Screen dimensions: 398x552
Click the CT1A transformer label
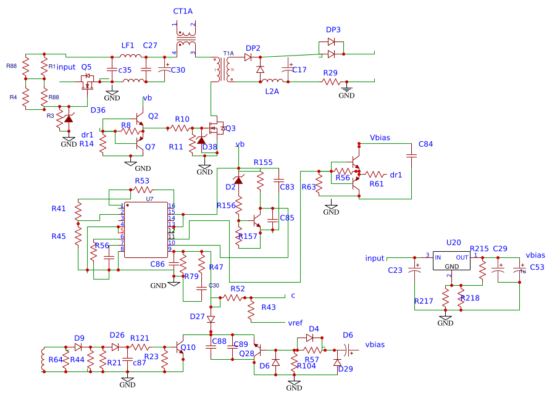(183, 11)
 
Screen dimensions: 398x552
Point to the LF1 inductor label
(128, 46)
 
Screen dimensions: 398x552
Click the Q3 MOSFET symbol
(217, 128)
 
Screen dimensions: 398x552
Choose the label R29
(330, 73)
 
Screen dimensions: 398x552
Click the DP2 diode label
(253, 48)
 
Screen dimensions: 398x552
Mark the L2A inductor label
(272, 91)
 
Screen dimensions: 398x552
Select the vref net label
(295, 323)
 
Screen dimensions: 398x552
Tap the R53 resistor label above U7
(142, 181)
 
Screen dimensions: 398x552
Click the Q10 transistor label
(188, 347)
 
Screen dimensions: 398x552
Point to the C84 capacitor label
(425, 144)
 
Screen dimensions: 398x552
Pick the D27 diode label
(197, 316)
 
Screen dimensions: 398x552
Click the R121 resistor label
(140, 338)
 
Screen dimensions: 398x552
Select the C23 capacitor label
(395, 270)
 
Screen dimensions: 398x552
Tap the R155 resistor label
(263, 162)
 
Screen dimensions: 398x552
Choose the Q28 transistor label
(246, 353)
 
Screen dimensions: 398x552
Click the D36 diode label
(98, 110)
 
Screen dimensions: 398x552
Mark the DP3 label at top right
(333, 30)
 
